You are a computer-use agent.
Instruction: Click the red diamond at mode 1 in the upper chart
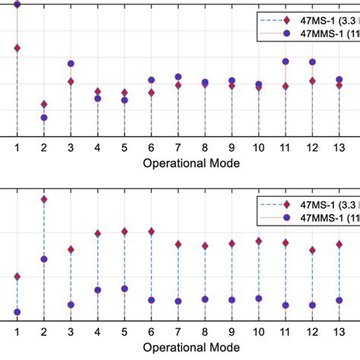pyautogui.click(x=17, y=48)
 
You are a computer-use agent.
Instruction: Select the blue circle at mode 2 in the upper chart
pyautogui.click(x=44, y=118)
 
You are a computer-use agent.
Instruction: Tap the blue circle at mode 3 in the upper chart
pyautogui.click(x=71, y=64)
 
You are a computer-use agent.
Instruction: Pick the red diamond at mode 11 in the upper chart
pyautogui.click(x=286, y=86)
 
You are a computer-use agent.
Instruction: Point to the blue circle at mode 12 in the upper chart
pyautogui.click(x=312, y=62)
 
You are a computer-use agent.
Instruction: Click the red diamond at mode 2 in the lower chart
pyautogui.click(x=44, y=199)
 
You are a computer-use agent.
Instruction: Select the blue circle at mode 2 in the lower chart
pyautogui.click(x=44, y=259)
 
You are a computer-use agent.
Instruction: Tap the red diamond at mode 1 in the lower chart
pyautogui.click(x=17, y=276)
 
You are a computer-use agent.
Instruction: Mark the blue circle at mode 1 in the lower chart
pyautogui.click(x=17, y=312)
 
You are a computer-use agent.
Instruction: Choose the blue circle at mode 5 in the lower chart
pyautogui.click(x=125, y=289)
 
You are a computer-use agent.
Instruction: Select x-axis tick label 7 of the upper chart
pyautogui.click(x=178, y=147)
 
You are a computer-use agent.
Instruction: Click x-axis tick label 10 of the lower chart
pyautogui.click(x=258, y=332)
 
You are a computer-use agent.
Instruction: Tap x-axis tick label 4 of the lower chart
pyautogui.click(x=97, y=332)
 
